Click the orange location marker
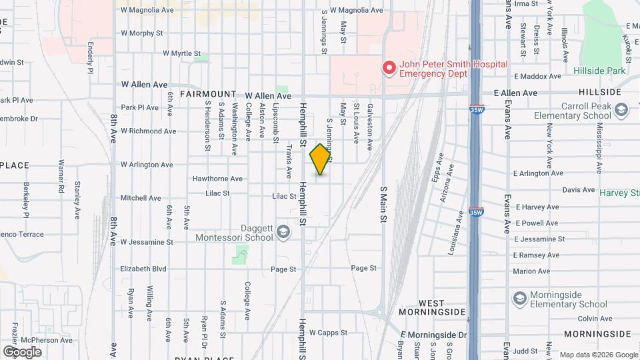pyautogui.click(x=321, y=159)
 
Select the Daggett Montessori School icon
pyautogui.click(x=283, y=231)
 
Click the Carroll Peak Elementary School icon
pyautogui.click(x=621, y=109)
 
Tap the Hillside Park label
pyautogui.click(x=599, y=71)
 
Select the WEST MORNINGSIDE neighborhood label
pyautogui.click(x=432, y=306)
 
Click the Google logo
pyautogui.click(x=22, y=351)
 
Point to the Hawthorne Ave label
pyautogui.click(x=217, y=179)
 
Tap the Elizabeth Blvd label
pyautogui.click(x=143, y=269)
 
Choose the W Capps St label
pyautogui.click(x=329, y=333)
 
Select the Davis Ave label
pyautogui.click(x=578, y=190)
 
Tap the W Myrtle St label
pyautogui.click(x=181, y=53)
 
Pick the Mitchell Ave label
pyautogui.click(x=141, y=198)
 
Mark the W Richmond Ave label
pyautogui.click(x=148, y=131)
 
